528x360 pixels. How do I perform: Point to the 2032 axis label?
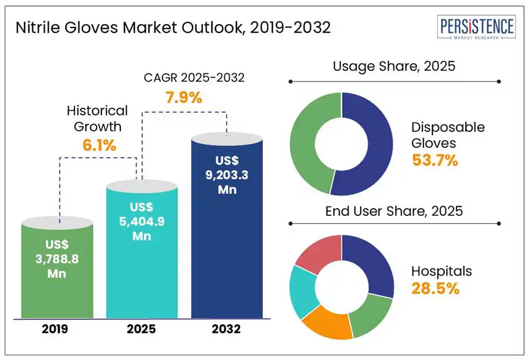pyautogui.click(x=226, y=329)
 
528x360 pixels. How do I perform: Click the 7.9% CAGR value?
pyautogui.click(x=184, y=97)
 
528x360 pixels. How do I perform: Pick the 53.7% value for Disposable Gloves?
pyautogui.click(x=434, y=159)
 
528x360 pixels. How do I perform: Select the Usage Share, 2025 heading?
pyautogui.click(x=394, y=66)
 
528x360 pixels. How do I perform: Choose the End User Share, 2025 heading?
pyautogui.click(x=394, y=211)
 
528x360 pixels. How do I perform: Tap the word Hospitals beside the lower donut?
pyautogui.click(x=441, y=271)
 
